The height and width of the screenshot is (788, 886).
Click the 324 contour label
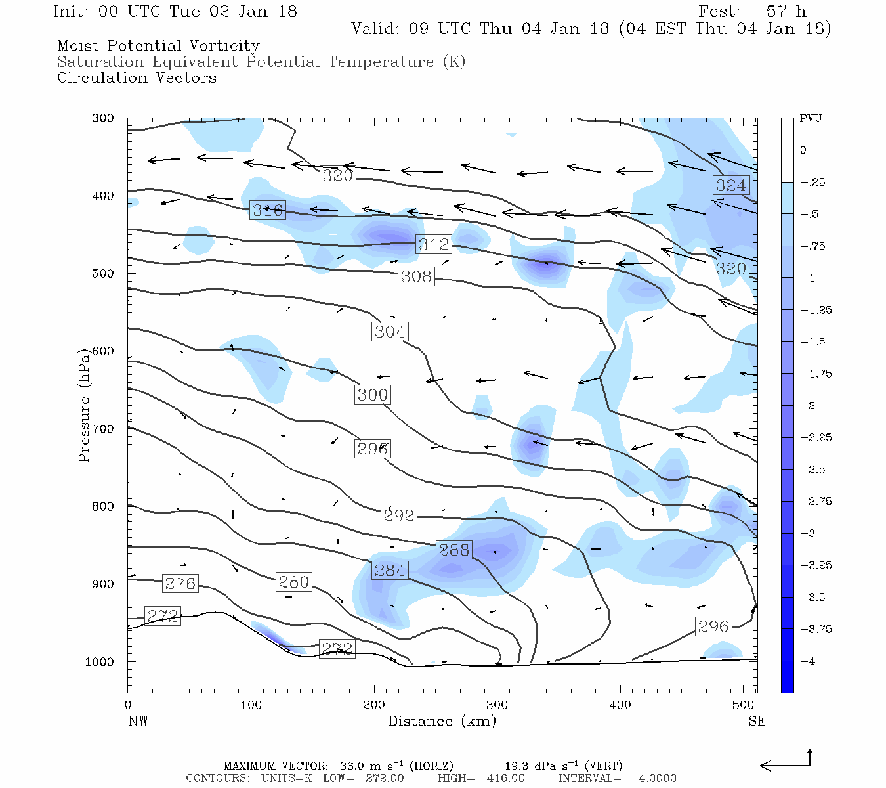(x=731, y=185)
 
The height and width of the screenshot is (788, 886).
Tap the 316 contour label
(x=268, y=210)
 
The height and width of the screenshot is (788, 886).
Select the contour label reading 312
(x=434, y=244)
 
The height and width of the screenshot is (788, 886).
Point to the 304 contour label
(x=390, y=332)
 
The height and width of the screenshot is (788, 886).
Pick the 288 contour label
(x=454, y=550)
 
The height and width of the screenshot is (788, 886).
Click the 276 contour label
(x=180, y=583)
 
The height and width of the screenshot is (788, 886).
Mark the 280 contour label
(x=293, y=582)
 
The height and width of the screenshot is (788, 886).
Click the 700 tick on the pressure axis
(x=103, y=429)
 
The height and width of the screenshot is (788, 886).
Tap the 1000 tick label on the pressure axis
(x=100, y=662)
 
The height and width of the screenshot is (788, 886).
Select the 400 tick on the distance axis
(x=620, y=705)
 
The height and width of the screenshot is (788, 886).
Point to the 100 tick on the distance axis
(x=251, y=705)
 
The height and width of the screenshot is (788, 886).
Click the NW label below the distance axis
(x=138, y=721)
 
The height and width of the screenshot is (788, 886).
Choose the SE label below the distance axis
(x=757, y=721)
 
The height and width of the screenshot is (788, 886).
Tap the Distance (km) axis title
(x=442, y=721)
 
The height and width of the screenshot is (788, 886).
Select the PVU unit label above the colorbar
(x=811, y=119)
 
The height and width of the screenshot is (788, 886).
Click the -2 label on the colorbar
(x=808, y=406)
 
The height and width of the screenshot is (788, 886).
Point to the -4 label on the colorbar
(x=808, y=661)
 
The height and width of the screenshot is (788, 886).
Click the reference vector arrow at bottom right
(x=786, y=764)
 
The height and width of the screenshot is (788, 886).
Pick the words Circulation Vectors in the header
(x=137, y=78)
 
